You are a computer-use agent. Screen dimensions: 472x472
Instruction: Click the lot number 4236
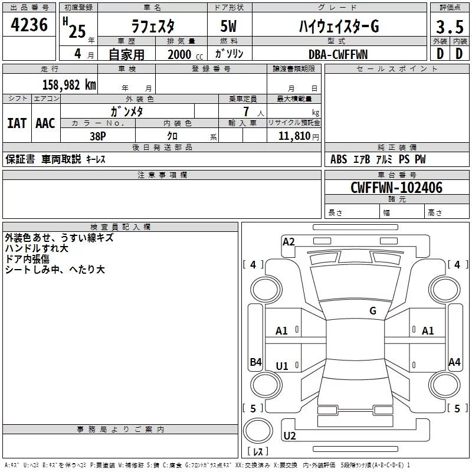pos(29,25)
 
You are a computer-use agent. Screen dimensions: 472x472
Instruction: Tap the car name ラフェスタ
pos(152,27)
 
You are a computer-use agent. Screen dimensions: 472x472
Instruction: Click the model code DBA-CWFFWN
pos(338,54)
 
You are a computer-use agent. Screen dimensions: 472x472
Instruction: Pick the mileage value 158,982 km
pos(69,84)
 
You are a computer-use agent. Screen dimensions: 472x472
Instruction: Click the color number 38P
pos(97,135)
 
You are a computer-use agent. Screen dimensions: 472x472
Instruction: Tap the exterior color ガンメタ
pos(127,110)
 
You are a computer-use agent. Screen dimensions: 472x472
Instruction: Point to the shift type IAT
pos(17,123)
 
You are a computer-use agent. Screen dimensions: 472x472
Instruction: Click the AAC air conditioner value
pos(45,123)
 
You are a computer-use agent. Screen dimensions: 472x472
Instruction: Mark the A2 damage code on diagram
pos(289,241)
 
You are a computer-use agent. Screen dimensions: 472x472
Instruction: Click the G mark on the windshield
pos(373,310)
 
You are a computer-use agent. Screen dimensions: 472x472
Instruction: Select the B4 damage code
pos(255,362)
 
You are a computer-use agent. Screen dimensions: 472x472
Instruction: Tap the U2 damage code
pos(290,436)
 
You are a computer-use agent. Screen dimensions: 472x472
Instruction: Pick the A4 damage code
pos(454,362)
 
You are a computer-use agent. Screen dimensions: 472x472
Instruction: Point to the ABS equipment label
pos(339,159)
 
